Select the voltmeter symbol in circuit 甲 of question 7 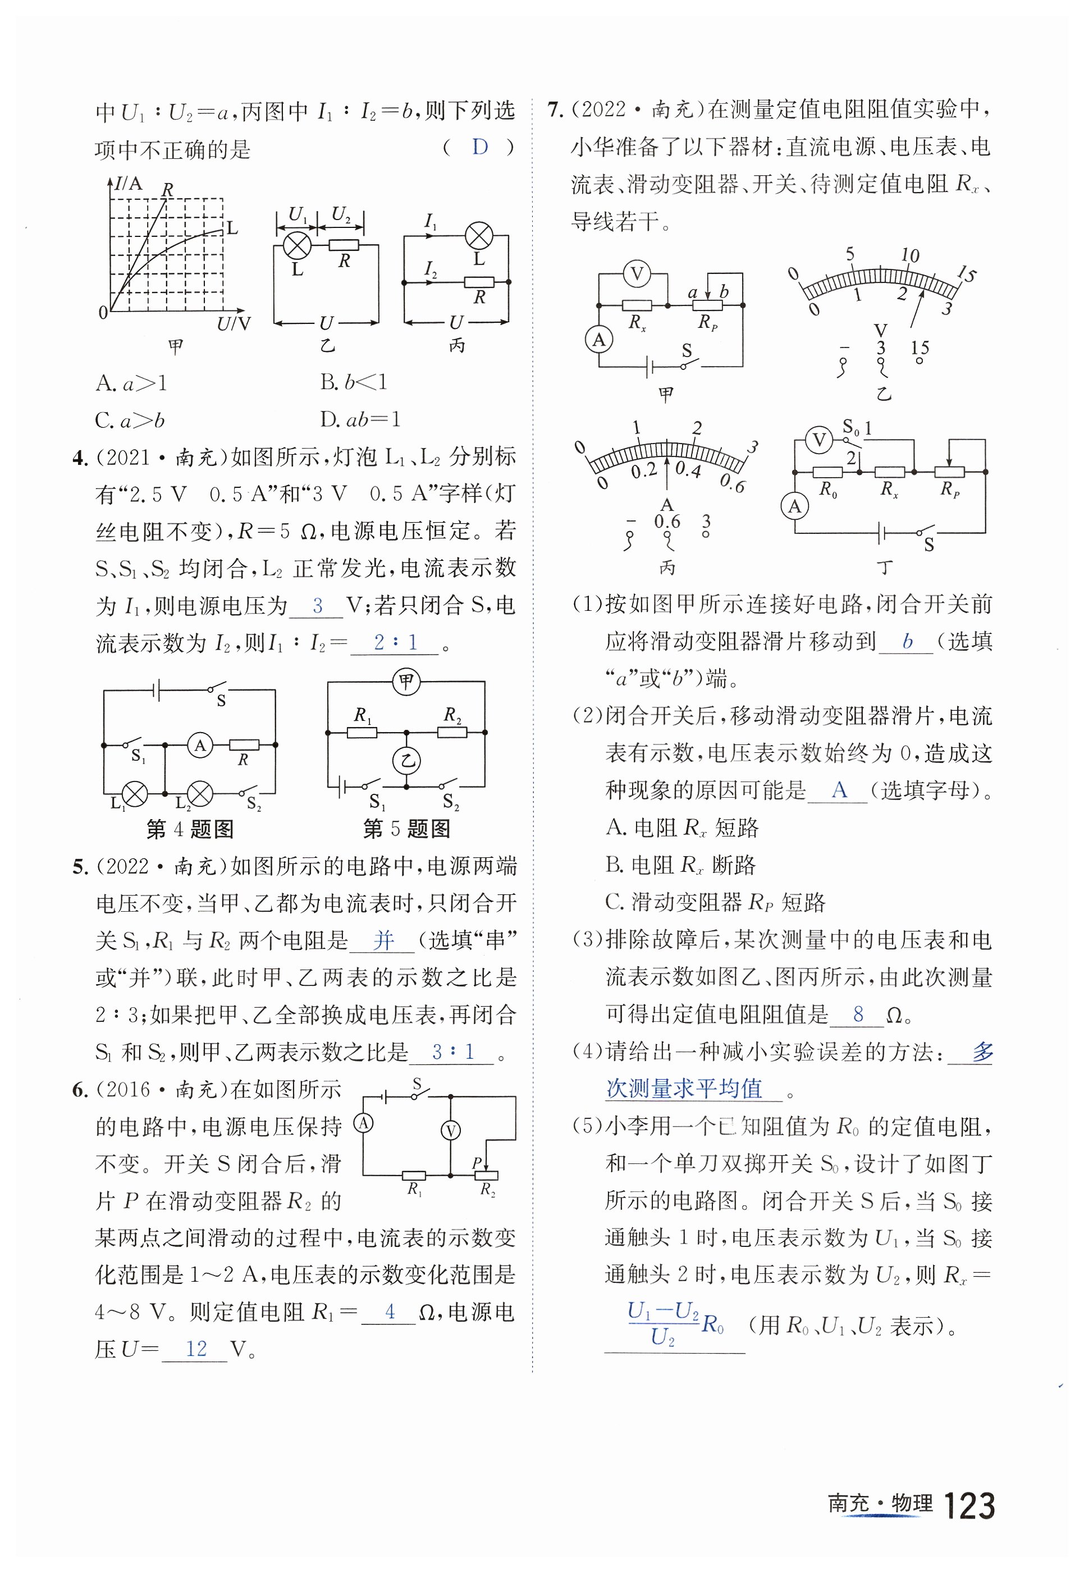pos(637,274)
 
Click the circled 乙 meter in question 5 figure pos(406,760)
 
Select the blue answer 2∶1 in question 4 pos(395,642)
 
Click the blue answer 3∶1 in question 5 pos(452,1052)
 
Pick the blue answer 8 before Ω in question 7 pos(858,1015)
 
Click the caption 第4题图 pos(190,829)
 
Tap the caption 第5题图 pos(406,829)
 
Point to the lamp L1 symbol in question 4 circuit pos(135,793)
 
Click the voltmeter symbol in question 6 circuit pos(450,1130)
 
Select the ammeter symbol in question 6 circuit pos(364,1123)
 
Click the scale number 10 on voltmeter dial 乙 pos(909,256)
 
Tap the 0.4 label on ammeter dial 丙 pos(688,469)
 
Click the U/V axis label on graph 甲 pos(234,324)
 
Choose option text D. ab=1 pos(360,419)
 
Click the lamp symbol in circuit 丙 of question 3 pos(479,236)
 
